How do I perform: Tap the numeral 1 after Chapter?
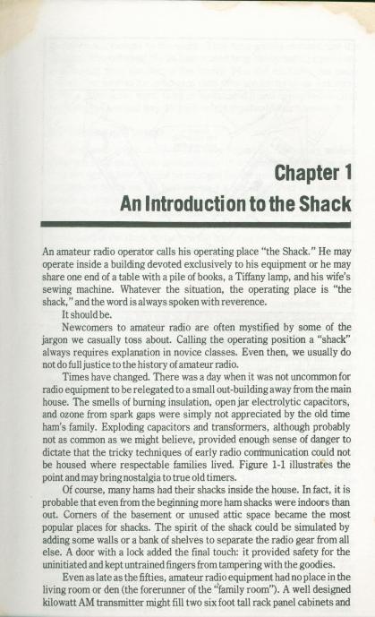344,171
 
